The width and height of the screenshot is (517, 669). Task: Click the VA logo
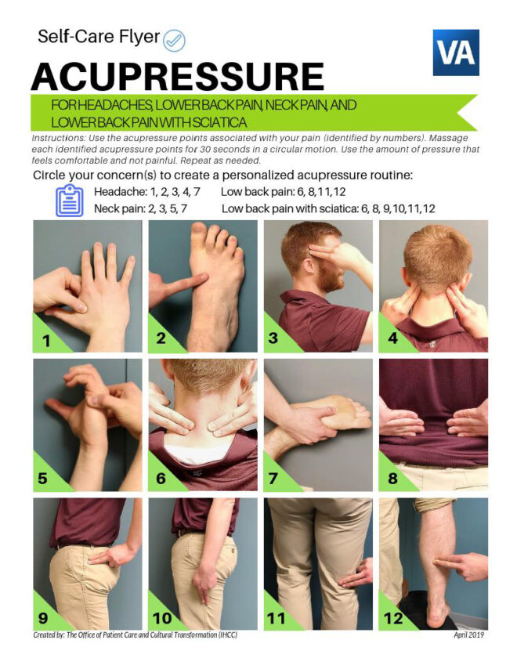(455, 52)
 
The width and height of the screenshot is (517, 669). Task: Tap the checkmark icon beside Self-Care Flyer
(174, 38)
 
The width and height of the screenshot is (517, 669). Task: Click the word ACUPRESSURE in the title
(177, 77)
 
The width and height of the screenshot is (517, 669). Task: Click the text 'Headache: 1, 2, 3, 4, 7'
(147, 192)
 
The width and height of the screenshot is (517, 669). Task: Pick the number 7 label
(276, 477)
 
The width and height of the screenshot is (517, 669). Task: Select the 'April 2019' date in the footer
(468, 635)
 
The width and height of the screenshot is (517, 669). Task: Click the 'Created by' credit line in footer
(135, 635)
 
